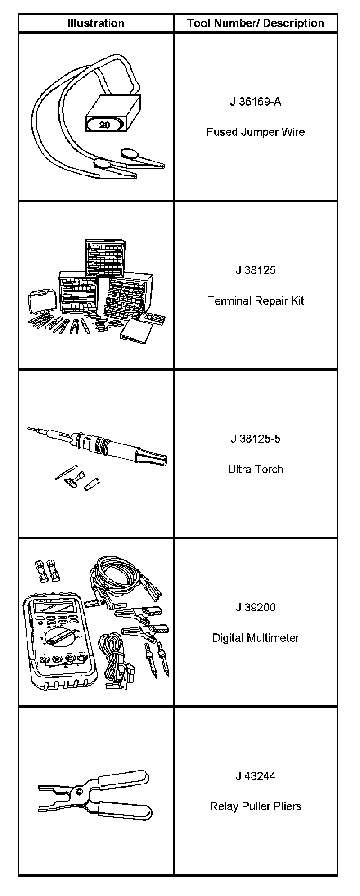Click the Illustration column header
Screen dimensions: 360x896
[96, 23]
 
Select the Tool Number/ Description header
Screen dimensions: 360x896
[256, 23]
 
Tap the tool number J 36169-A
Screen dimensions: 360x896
[256, 102]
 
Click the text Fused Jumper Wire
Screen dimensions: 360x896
[256, 132]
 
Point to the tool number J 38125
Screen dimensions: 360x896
[256, 270]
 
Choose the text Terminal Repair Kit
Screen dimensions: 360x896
[256, 301]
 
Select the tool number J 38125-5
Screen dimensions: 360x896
[256, 439]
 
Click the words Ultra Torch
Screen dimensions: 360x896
[256, 470]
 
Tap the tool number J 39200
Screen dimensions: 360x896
[256, 608]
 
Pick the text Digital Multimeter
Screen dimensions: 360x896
[256, 638]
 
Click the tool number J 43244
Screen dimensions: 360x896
[256, 776]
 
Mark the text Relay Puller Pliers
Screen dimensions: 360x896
[256, 806]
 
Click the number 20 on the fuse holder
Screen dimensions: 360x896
[104, 125]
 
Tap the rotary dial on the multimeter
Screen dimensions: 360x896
[58, 636]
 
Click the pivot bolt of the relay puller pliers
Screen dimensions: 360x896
[79, 791]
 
